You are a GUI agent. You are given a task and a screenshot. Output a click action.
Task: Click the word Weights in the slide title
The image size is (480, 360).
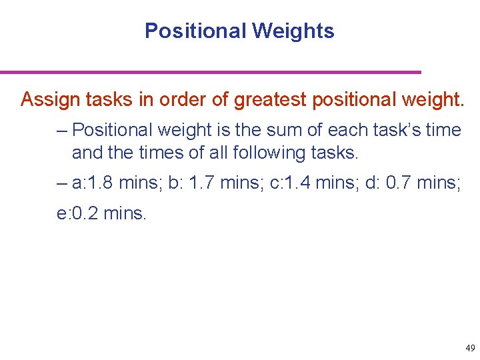coord(293,31)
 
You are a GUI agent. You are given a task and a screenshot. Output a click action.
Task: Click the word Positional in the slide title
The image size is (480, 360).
coord(197,31)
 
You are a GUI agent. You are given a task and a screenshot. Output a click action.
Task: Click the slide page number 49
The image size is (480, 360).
coord(470,348)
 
